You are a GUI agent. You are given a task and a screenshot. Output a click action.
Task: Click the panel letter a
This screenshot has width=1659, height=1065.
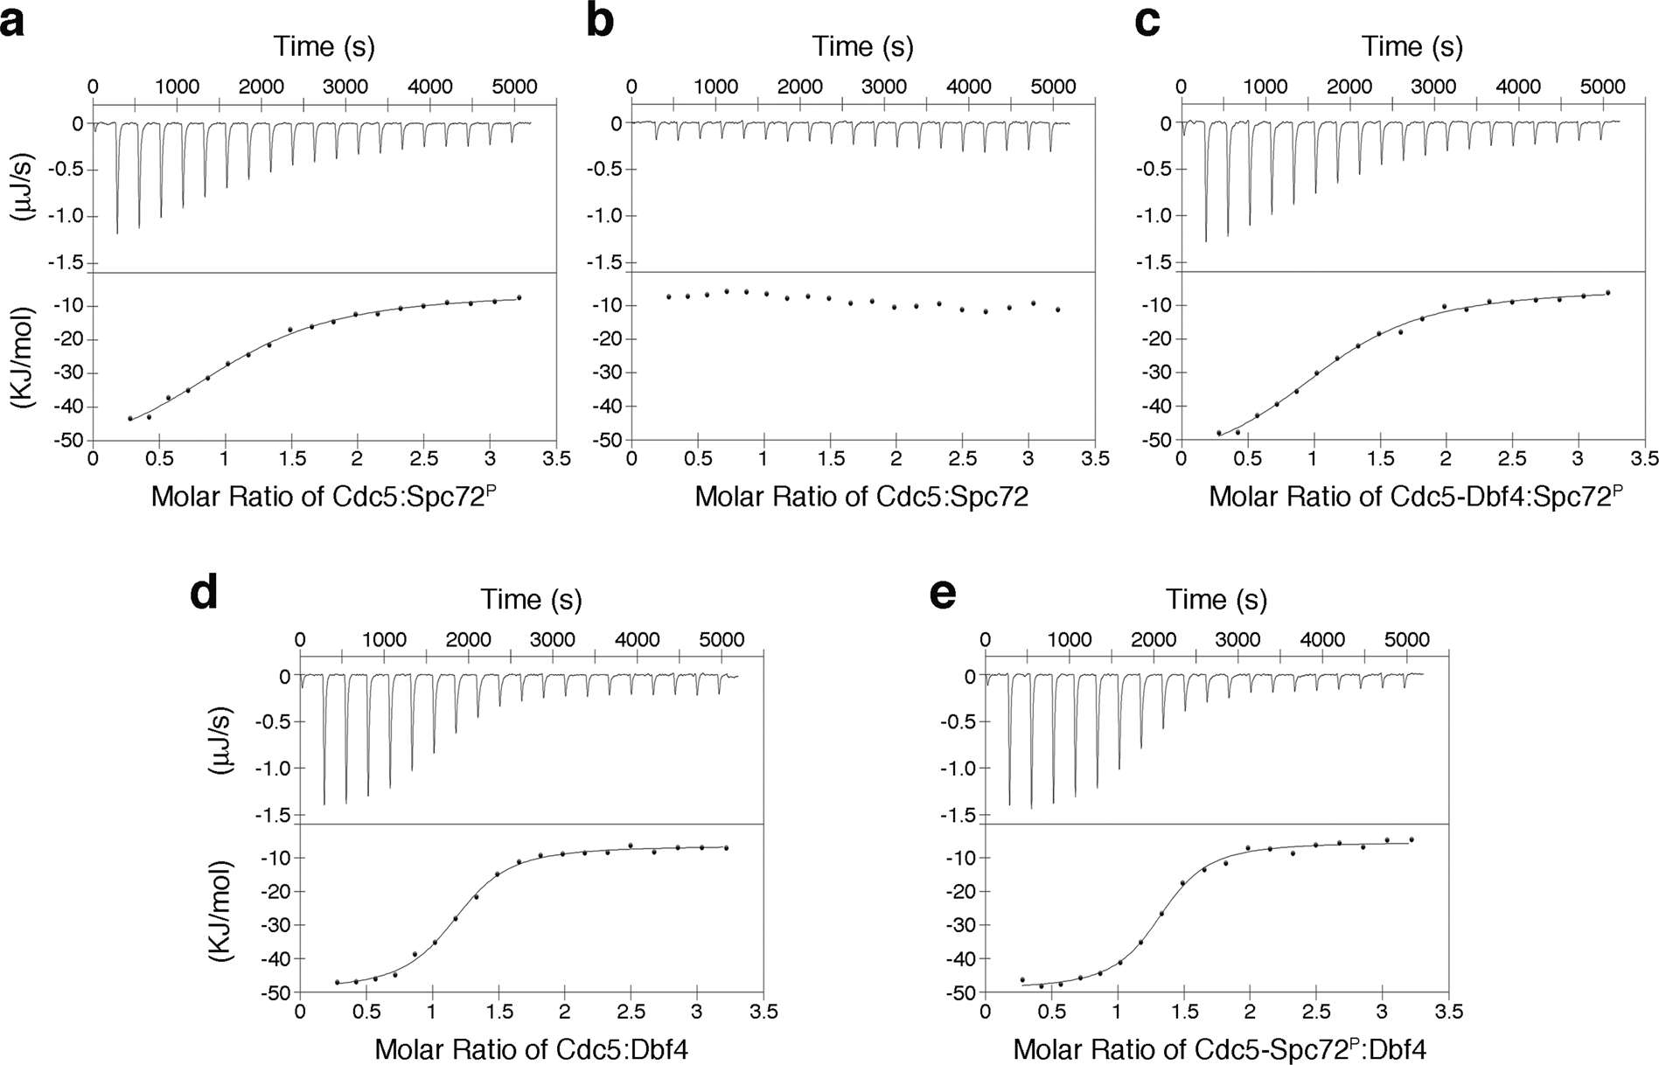click(x=12, y=21)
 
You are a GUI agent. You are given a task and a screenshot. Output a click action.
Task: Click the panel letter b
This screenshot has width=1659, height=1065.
click(x=600, y=21)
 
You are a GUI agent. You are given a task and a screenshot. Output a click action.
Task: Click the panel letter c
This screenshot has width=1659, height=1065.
click(x=1147, y=21)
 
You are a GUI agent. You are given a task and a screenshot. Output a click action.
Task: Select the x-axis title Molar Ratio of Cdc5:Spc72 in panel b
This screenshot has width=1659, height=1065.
click(x=861, y=497)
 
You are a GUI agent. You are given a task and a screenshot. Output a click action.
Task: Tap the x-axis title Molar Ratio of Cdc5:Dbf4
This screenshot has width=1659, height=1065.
click(x=531, y=1049)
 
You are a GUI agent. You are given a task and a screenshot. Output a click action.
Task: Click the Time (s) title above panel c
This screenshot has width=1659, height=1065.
click(x=1412, y=45)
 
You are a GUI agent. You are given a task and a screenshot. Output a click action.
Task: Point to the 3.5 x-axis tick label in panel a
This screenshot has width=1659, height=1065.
click(x=556, y=459)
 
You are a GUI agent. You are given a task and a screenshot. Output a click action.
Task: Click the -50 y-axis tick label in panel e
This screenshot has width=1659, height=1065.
click(x=960, y=992)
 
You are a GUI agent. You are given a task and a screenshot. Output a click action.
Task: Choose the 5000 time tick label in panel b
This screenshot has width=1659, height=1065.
click(x=1052, y=87)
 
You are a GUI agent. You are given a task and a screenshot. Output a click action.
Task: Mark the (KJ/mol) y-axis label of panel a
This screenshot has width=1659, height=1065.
click(x=26, y=357)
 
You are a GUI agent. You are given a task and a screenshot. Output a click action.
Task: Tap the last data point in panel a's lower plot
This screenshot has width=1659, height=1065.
click(x=519, y=297)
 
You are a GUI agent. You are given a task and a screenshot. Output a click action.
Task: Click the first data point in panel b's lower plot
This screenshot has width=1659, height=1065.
click(x=669, y=296)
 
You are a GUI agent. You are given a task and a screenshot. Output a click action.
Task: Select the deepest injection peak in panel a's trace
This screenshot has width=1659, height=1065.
click(x=117, y=233)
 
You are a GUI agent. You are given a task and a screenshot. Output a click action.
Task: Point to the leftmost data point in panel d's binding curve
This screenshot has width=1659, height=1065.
click(x=337, y=982)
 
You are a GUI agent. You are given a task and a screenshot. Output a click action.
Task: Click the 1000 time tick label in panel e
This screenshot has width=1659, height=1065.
click(x=1070, y=639)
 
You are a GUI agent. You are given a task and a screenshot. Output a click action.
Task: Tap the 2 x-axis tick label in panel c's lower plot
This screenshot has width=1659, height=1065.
click(x=1446, y=459)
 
